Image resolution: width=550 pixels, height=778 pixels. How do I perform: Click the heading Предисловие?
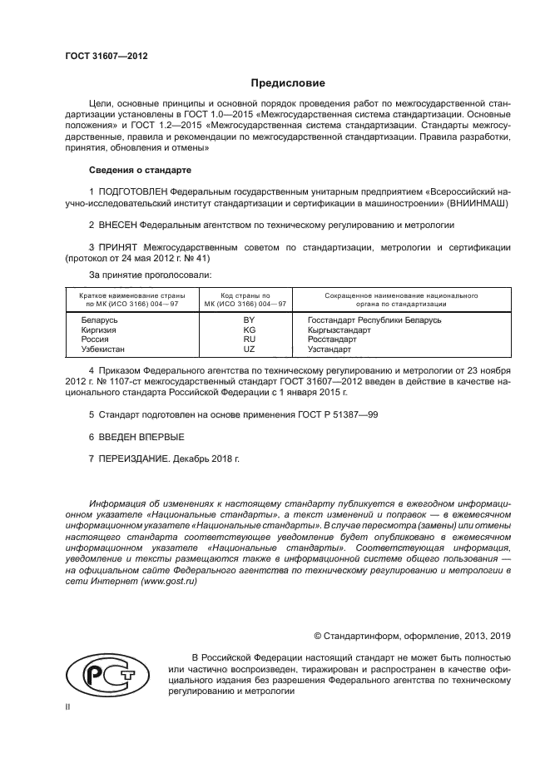pyautogui.click(x=288, y=83)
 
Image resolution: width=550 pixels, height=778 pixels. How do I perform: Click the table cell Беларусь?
pyautogui.click(x=100, y=320)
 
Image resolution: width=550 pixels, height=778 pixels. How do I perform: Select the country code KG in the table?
pyautogui.click(x=248, y=330)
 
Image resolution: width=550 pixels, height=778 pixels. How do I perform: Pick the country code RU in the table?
pyautogui.click(x=248, y=339)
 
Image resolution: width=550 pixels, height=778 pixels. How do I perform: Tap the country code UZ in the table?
pyautogui.click(x=248, y=349)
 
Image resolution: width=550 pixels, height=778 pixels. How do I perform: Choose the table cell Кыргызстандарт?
pyautogui.click(x=339, y=330)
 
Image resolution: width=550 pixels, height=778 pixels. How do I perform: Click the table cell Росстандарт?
pyautogui.click(x=332, y=339)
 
